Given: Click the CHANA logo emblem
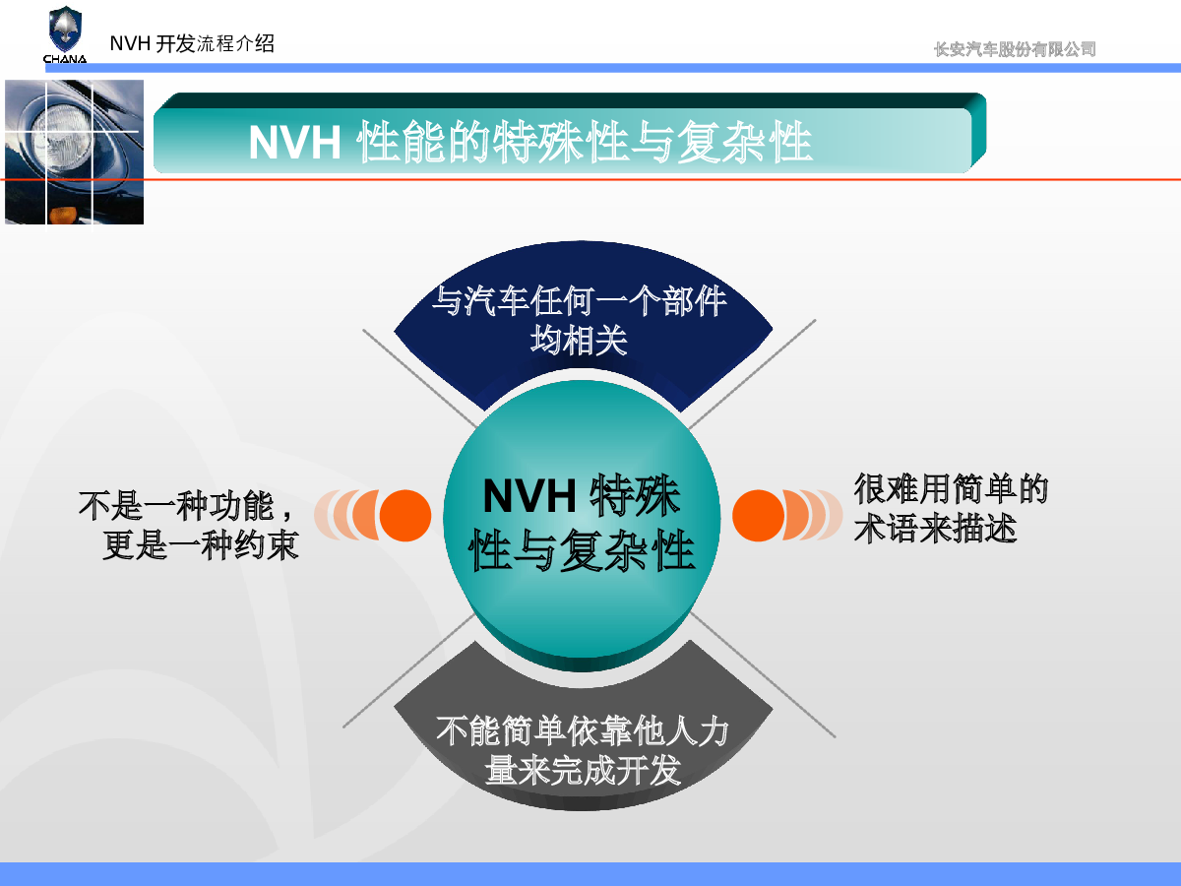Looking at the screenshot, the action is (65, 30).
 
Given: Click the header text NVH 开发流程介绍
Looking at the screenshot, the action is (192, 43).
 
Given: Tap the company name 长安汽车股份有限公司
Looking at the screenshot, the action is (1015, 49).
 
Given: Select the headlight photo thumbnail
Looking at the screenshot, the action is (74, 153).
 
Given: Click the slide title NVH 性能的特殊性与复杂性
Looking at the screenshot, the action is (529, 142).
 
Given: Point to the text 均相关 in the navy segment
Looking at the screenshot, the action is (579, 340).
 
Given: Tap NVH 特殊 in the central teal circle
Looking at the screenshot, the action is (582, 495).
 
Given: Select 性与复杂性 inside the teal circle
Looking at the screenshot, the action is (582, 549).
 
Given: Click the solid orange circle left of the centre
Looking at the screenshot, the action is (405, 515).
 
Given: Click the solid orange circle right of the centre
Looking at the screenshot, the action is (758, 515).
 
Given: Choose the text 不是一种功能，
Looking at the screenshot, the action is (186, 506).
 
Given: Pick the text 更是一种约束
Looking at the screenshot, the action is (200, 545).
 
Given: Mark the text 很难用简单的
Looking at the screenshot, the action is (951, 489).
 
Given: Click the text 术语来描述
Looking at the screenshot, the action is (935, 529).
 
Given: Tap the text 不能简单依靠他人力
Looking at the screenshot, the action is (583, 731).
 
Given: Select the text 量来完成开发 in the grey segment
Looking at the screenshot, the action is (583, 771).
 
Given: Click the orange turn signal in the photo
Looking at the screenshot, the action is (64, 215).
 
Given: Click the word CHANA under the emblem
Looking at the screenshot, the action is (65, 59).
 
